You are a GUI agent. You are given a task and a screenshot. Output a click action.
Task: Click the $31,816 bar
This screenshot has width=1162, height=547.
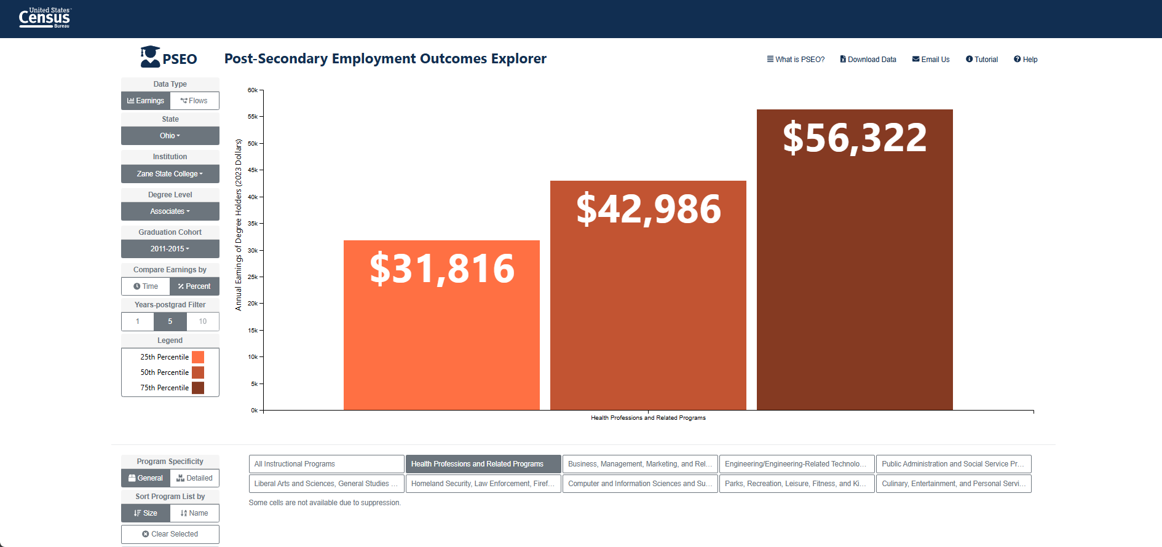click(x=441, y=325)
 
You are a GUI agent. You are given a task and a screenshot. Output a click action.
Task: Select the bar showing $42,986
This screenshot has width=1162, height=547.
click(x=648, y=295)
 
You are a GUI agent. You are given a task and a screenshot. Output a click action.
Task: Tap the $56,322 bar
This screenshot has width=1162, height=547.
click(x=855, y=259)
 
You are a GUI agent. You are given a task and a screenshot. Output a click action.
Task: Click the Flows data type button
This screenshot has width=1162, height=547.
click(x=194, y=101)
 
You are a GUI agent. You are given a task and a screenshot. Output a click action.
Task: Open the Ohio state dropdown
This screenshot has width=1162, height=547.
click(x=170, y=136)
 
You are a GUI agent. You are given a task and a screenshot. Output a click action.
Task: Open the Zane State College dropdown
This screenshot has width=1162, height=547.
click(x=170, y=174)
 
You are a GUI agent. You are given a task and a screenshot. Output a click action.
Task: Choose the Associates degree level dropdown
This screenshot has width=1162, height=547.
click(x=170, y=211)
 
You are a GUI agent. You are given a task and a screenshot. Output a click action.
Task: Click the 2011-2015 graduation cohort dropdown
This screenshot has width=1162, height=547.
click(x=170, y=249)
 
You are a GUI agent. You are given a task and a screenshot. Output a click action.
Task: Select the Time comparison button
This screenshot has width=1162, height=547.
click(x=146, y=286)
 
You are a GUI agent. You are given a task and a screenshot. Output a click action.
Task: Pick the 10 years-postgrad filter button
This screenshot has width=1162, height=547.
click(x=203, y=321)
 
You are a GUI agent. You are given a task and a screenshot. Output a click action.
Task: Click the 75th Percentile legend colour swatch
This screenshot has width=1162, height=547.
click(x=198, y=388)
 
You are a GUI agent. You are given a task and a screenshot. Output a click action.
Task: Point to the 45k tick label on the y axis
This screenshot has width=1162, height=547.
click(x=253, y=170)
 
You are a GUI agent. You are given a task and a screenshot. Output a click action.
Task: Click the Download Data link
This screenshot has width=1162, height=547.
click(x=868, y=60)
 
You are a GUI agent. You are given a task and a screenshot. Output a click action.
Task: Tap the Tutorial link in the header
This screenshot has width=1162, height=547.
click(x=982, y=60)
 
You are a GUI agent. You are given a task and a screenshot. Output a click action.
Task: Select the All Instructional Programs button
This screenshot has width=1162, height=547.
click(x=326, y=464)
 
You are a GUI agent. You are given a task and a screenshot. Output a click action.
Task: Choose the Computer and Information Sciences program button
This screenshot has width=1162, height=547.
click(x=640, y=484)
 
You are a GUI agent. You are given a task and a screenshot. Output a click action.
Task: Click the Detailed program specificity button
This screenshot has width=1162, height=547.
click(x=194, y=478)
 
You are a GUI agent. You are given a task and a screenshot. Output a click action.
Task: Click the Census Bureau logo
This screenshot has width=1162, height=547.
click(x=45, y=18)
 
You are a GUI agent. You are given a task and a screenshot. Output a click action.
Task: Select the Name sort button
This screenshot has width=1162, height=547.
click(x=194, y=513)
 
